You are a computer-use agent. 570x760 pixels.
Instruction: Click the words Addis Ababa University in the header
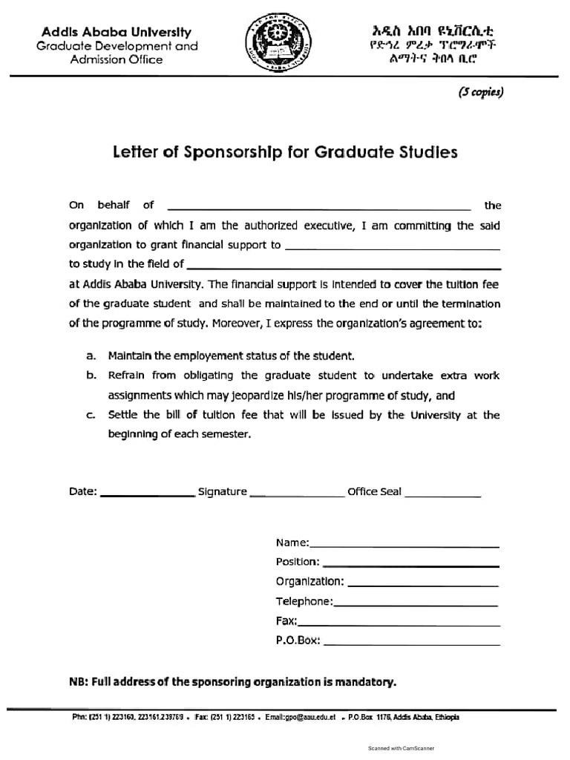click(116, 32)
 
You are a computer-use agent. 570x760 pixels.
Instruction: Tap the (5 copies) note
click(480, 93)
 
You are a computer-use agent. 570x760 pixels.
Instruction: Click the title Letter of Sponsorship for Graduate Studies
click(285, 153)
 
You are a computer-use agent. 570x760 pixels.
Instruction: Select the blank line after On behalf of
click(319, 208)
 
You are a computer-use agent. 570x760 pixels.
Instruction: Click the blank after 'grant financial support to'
click(392, 248)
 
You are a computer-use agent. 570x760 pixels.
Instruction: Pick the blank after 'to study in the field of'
click(344, 266)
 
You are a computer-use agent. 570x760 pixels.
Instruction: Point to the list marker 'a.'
click(91, 356)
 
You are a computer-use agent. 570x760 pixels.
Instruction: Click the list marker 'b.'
click(91, 376)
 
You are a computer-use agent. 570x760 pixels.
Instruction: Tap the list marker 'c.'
click(91, 416)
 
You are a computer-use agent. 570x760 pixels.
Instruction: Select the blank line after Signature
click(297, 494)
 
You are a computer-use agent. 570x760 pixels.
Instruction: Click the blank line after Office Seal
click(442, 494)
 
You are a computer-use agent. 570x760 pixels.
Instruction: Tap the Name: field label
click(292, 543)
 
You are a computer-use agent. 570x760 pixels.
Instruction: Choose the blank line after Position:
click(410, 565)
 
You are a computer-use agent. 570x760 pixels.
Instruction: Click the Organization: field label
click(309, 581)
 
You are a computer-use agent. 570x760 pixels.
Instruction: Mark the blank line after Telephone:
click(416, 605)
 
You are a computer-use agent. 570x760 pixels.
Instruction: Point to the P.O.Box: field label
click(298, 641)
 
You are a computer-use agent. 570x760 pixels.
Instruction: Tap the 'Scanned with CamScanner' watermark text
click(401, 748)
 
